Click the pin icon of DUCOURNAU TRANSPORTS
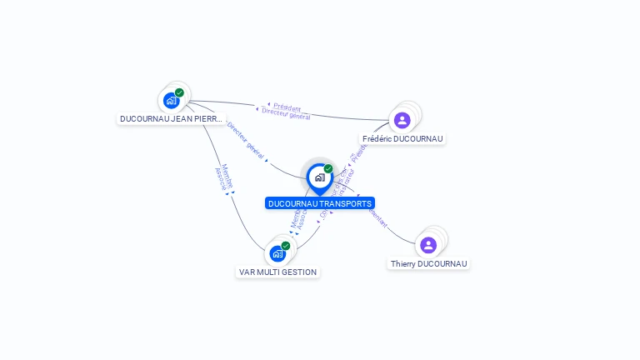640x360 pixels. tap(319, 177)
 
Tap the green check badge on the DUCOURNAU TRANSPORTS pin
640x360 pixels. tap(328, 168)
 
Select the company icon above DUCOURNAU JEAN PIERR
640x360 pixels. tap(171, 101)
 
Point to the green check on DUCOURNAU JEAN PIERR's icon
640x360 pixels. tap(179, 92)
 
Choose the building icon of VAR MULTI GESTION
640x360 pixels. tap(277, 253)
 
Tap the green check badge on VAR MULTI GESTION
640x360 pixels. tap(286, 245)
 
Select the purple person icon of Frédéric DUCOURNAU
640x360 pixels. tap(402, 120)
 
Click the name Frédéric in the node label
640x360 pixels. tap(378, 139)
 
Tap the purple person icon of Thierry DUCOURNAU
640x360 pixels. tap(428, 245)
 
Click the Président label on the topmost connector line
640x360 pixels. tap(287, 107)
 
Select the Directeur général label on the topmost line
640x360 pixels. tap(286, 114)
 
